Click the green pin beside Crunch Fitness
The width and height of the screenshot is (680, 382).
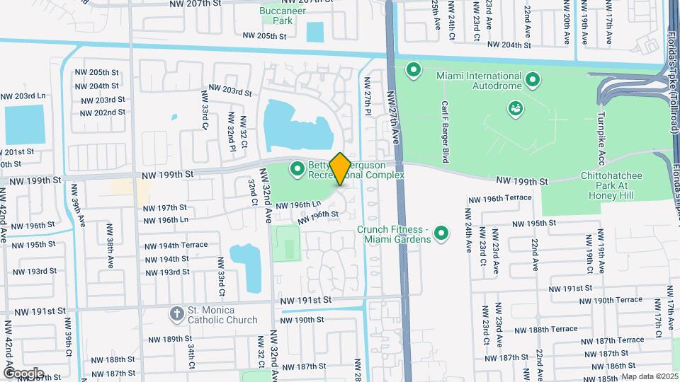click(442, 232)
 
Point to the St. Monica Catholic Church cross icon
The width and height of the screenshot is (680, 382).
click(176, 313)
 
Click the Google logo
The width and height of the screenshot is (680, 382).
click(23, 374)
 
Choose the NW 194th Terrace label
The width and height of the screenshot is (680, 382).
click(176, 245)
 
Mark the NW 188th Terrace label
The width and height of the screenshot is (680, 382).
click(553, 330)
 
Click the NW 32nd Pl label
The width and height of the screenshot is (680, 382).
click(232, 132)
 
